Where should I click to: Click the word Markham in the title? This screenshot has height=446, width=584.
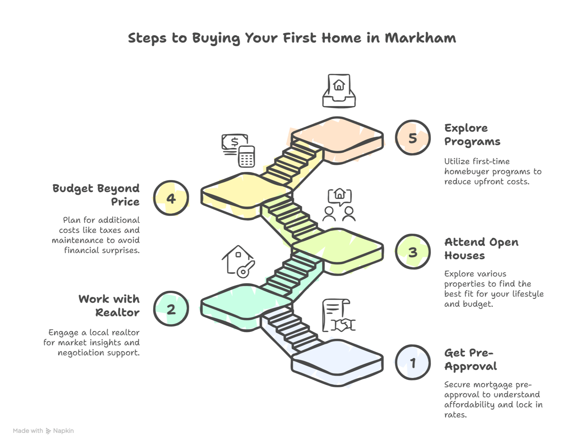pyautogui.click(x=420, y=38)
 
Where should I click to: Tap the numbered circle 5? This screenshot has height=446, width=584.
pyautogui.click(x=413, y=137)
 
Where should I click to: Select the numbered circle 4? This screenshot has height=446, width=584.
pyautogui.click(x=171, y=198)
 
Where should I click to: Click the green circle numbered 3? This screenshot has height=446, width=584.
pyautogui.click(x=413, y=252)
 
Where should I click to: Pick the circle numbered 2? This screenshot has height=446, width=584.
pyautogui.click(x=171, y=309)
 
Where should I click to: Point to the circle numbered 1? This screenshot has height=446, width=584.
pyautogui.click(x=413, y=363)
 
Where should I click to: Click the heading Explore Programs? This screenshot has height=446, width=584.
pyautogui.click(x=472, y=135)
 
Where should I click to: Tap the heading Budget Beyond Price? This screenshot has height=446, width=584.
pyautogui.click(x=96, y=195)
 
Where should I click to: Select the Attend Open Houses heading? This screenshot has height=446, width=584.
pyautogui.click(x=481, y=249)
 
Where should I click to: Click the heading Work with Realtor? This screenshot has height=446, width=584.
pyautogui.click(x=109, y=305)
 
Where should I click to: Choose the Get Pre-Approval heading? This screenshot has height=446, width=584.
pyautogui.click(x=470, y=359)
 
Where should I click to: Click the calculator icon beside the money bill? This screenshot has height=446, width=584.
pyautogui.click(x=246, y=156)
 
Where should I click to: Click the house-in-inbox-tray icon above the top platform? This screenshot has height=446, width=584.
pyautogui.click(x=339, y=91)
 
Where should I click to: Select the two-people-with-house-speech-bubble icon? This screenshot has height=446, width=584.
pyautogui.click(x=339, y=205)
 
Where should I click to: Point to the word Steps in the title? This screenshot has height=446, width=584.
pyautogui.click(x=147, y=39)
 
